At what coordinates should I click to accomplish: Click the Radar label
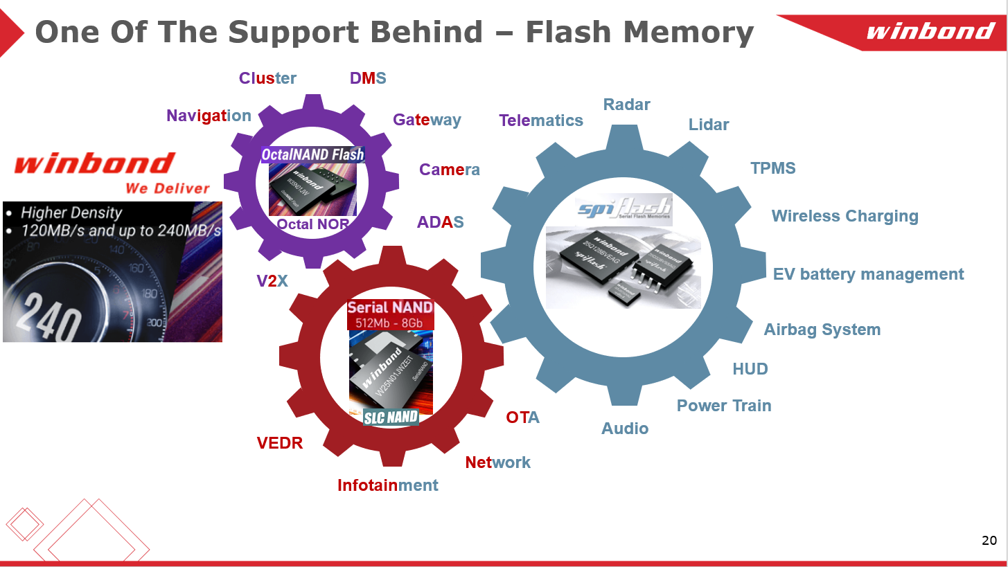626,105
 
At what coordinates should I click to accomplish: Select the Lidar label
709,125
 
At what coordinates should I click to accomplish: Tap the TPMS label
773,168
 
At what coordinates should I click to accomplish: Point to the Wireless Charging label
845,216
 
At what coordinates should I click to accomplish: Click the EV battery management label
868,274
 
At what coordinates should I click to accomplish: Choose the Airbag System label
822,330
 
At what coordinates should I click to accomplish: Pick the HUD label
750,369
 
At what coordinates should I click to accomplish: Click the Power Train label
724,406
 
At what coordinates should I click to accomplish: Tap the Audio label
625,429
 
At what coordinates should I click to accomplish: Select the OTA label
522,417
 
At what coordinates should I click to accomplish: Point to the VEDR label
280,443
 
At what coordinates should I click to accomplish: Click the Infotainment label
388,485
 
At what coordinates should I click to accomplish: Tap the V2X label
272,280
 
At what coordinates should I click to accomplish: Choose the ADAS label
440,222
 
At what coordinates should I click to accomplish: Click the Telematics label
541,120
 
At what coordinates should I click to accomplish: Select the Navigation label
209,116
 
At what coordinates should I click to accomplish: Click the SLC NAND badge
391,417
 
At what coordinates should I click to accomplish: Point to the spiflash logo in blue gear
624,208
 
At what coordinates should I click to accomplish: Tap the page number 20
989,541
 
